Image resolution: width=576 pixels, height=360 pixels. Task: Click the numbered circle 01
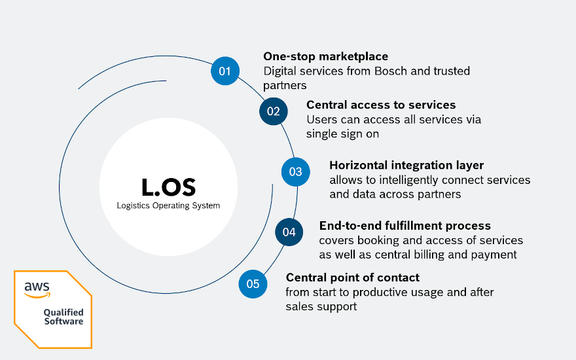tap(225, 71)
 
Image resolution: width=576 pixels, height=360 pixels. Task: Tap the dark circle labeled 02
tap(274, 111)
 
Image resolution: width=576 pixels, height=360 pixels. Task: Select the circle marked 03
tap(295, 171)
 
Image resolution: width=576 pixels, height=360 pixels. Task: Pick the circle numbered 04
tap(289, 232)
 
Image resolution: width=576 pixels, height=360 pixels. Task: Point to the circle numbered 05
tap(253, 284)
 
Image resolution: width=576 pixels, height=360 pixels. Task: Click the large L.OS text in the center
tap(169, 187)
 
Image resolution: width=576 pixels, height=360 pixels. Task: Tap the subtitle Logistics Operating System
tap(168, 206)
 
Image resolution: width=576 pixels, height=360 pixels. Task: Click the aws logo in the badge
tap(37, 290)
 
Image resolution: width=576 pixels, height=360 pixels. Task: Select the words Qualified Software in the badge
tap(63, 317)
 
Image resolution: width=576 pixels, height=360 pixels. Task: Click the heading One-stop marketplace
tap(325, 56)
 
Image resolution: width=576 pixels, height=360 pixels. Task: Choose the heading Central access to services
tap(381, 105)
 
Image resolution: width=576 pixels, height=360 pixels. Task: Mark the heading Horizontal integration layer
tap(406, 166)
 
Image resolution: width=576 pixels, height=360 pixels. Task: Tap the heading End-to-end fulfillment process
tap(405, 226)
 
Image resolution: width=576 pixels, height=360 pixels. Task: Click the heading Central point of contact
tap(353, 278)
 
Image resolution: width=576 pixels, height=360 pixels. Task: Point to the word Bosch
tap(391, 71)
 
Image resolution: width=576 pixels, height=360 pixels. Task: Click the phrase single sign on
tap(342, 134)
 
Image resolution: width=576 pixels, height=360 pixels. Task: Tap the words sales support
tap(321, 307)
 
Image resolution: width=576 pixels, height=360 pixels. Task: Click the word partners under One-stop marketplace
tap(285, 86)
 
